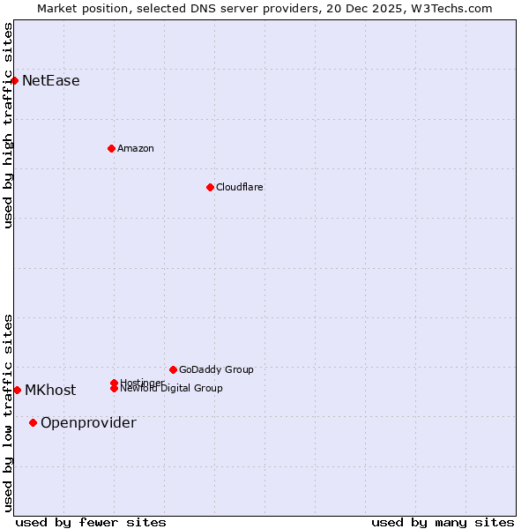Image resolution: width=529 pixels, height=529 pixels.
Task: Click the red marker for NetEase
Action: click(14, 80)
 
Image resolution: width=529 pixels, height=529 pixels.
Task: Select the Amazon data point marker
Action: click(111, 148)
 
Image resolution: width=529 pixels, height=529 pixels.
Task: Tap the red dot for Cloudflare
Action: click(210, 187)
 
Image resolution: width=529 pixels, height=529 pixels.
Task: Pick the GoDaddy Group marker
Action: click(173, 369)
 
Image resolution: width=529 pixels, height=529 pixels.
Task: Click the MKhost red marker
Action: click(17, 390)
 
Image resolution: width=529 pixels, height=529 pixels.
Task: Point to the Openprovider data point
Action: click(33, 422)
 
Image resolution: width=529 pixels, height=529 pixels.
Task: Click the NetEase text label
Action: click(51, 81)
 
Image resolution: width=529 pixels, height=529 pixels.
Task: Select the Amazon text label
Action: click(136, 148)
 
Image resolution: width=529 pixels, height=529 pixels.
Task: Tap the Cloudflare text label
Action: click(240, 187)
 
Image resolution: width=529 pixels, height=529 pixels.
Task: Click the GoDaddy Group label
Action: click(216, 369)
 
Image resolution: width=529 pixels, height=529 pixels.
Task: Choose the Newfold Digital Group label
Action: click(173, 389)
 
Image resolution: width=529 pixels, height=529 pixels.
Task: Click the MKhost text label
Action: click(50, 391)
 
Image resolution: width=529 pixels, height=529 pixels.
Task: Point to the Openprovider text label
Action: click(88, 423)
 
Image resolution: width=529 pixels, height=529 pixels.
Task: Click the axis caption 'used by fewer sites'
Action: click(91, 522)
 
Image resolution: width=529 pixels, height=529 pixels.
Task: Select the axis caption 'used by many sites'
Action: click(443, 522)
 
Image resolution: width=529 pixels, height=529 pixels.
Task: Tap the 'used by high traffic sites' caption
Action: click(8, 125)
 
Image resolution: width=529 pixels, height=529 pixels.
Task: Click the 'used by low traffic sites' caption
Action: click(8, 412)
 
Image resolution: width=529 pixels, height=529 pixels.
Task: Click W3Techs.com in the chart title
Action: click(455, 8)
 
